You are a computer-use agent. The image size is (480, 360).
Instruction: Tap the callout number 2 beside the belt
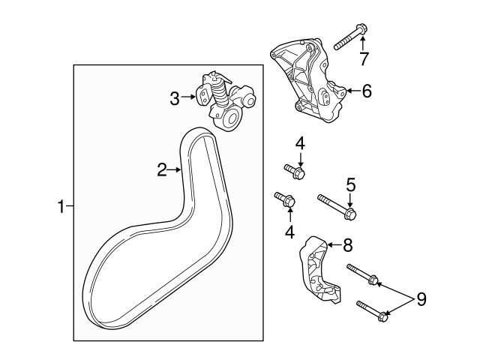tap(162, 170)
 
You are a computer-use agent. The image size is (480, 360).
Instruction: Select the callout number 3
tap(175, 97)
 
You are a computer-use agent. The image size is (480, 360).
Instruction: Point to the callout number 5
tap(350, 182)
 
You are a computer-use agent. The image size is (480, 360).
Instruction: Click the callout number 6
tap(366, 91)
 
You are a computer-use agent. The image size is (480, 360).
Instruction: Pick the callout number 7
tap(364, 58)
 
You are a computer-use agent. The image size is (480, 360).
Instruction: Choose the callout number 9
tap(421, 300)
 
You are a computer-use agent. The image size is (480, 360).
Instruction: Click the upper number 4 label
tap(300, 142)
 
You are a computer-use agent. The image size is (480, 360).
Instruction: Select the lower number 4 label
tap(289, 232)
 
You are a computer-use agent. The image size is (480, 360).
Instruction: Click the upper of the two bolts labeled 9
tap(363, 275)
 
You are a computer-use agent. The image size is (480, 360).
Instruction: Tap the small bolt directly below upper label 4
tap(294, 172)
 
